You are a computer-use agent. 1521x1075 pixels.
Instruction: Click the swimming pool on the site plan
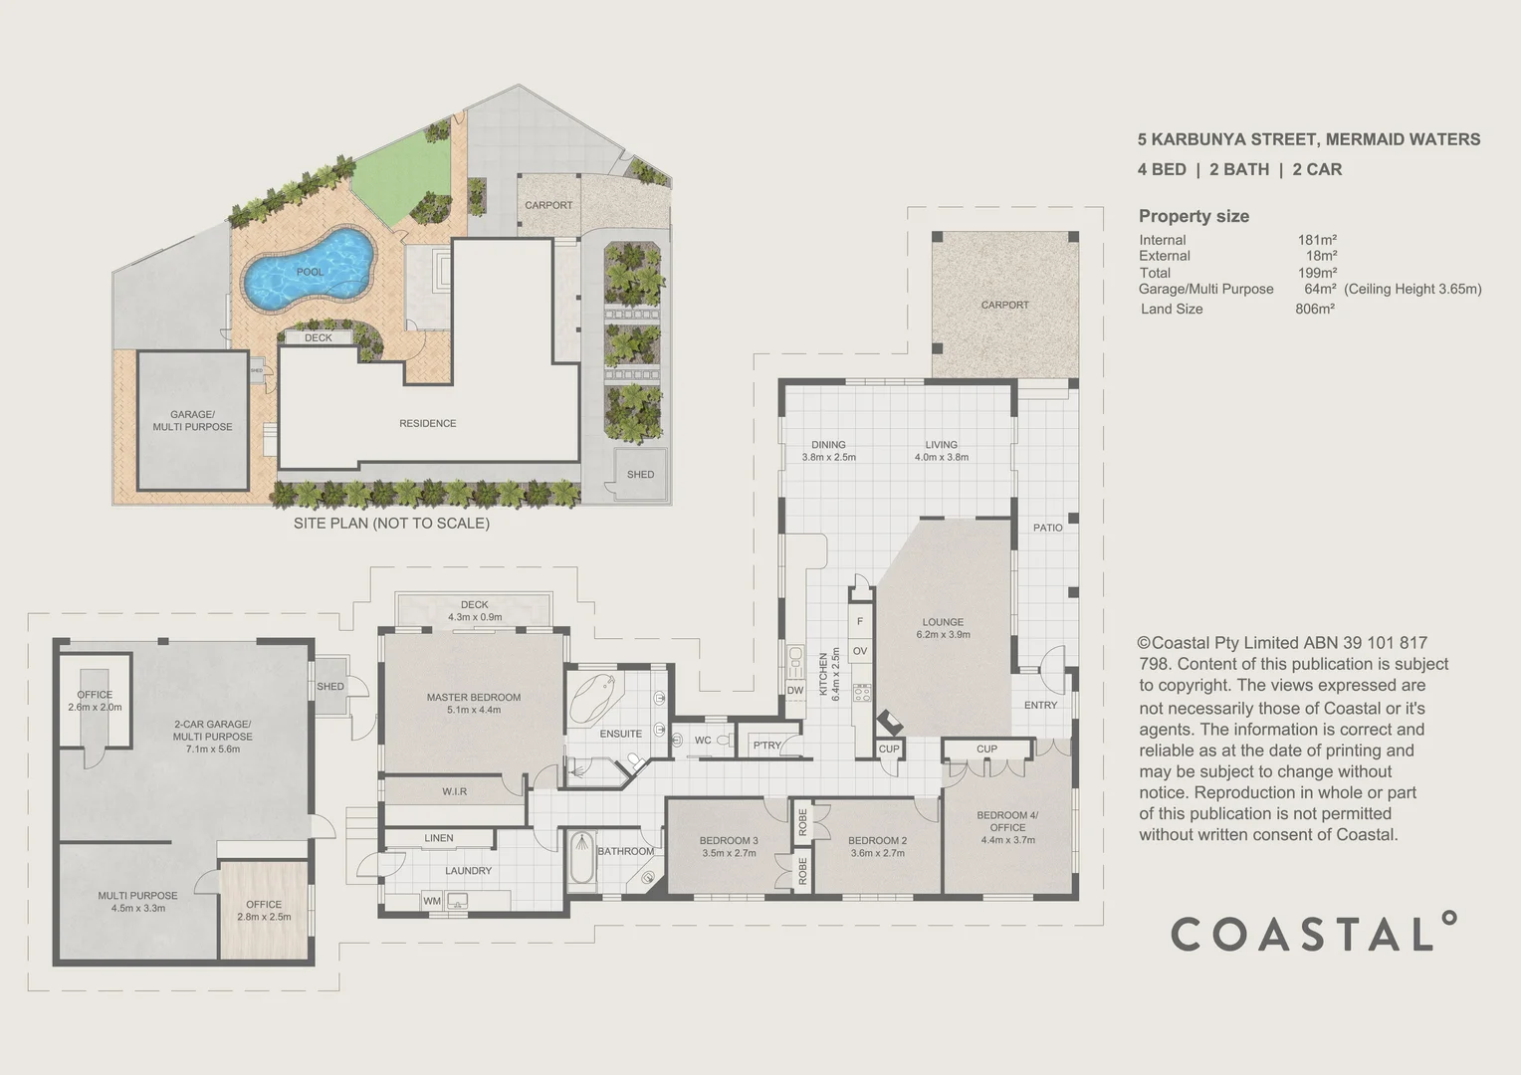(309, 269)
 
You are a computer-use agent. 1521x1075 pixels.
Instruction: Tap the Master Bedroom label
(473, 697)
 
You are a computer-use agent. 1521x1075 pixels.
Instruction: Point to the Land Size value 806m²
(1314, 309)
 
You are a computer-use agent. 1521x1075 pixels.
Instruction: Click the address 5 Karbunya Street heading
(1308, 139)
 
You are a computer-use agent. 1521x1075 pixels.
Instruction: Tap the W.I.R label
(454, 791)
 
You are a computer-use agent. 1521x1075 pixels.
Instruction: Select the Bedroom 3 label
(729, 840)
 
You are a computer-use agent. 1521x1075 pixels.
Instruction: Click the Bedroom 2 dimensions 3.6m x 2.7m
(877, 853)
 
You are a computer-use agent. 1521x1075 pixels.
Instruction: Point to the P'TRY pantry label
(766, 746)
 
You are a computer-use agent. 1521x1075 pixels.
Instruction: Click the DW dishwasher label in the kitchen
(794, 690)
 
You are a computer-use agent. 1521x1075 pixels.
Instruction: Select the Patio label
(1047, 527)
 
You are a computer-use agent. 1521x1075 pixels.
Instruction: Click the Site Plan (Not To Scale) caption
(391, 523)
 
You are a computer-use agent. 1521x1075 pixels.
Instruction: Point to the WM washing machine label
(431, 901)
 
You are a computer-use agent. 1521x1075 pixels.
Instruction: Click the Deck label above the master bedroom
(474, 604)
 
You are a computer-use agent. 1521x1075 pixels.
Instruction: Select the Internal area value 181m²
(1316, 240)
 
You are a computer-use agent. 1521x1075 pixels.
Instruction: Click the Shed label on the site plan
(640, 474)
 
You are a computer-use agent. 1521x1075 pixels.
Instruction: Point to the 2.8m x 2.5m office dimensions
(264, 917)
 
